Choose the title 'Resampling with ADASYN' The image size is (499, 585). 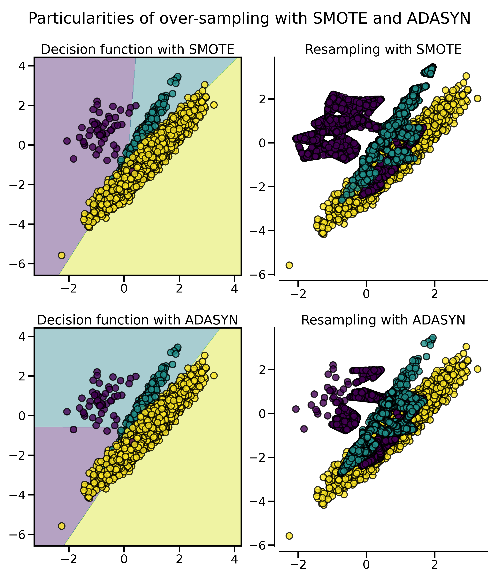coord(383,320)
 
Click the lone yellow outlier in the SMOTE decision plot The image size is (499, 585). coord(62,255)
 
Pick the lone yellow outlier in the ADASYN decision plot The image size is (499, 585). coord(62,526)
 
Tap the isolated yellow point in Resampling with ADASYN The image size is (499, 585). coord(289,536)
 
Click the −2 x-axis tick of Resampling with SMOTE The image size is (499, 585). coord(298,294)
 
